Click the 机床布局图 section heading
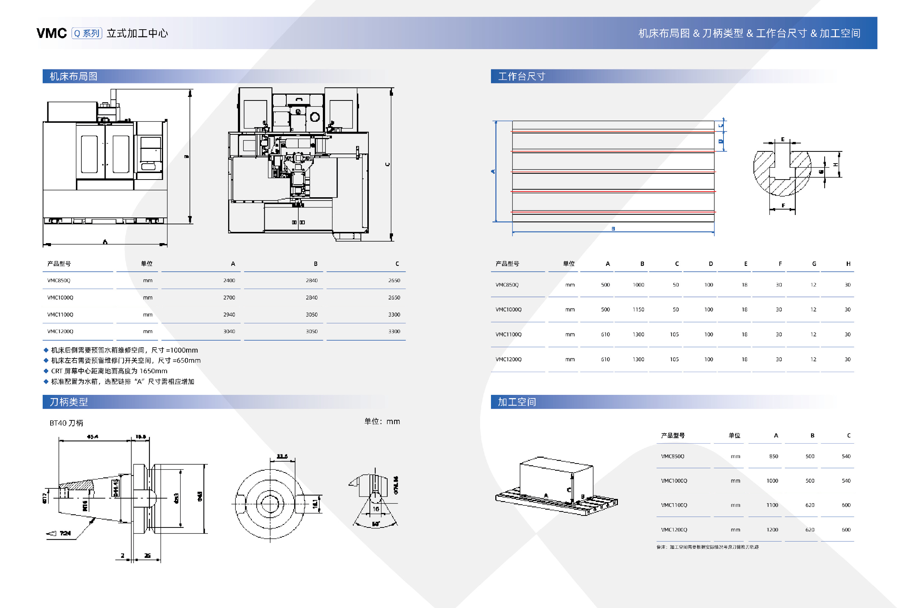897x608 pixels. click(73, 76)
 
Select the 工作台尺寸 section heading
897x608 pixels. click(521, 76)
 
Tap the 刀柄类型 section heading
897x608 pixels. click(69, 402)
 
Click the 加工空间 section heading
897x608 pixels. click(517, 402)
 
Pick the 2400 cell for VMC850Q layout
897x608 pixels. click(229, 280)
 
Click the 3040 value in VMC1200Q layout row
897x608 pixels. click(229, 331)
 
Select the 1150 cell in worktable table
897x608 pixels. click(638, 309)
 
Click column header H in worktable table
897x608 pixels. click(848, 264)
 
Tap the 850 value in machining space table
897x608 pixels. click(773, 456)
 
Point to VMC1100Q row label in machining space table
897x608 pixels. click(674, 505)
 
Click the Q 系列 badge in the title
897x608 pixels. click(87, 34)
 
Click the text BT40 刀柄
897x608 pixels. click(67, 423)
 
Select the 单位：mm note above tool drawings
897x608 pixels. click(382, 421)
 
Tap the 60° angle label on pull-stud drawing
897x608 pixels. click(376, 524)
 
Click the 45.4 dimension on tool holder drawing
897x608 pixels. click(93, 437)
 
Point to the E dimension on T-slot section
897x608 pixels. click(782, 139)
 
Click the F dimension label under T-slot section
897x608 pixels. click(783, 206)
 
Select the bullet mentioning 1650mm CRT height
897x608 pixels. click(109, 371)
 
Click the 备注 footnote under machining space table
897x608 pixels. click(707, 547)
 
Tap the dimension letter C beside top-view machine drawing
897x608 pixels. click(388, 164)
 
